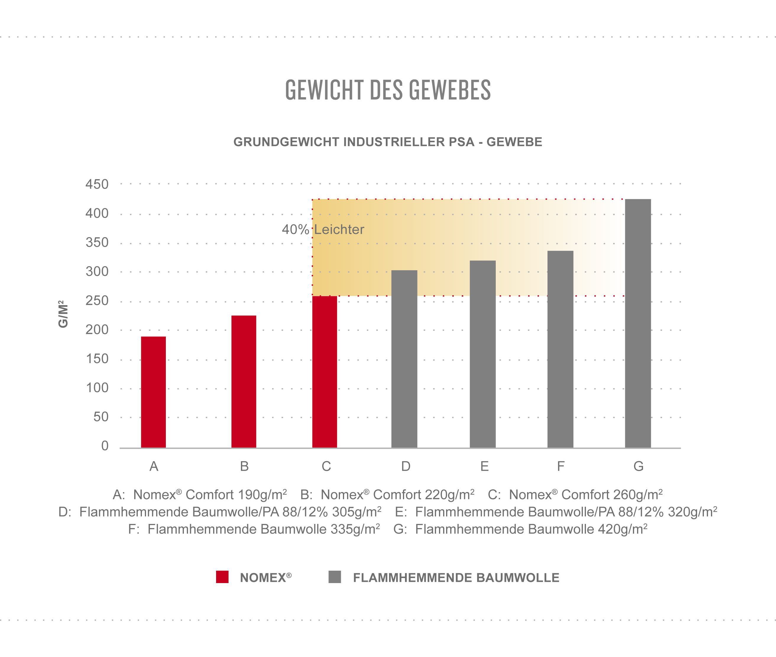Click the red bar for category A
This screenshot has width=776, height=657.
[153, 392]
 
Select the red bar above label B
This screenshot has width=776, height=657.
[244, 381]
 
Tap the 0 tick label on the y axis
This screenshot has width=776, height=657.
[105, 446]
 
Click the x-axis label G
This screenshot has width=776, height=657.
[638, 466]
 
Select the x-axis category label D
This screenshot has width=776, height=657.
[406, 466]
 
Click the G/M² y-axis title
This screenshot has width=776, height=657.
[63, 314]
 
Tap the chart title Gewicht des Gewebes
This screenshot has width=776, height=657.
[388, 90]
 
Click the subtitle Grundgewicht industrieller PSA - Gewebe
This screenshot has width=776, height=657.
[388, 142]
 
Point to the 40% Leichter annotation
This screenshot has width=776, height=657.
[323, 229]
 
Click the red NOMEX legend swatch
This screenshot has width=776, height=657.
[222, 577]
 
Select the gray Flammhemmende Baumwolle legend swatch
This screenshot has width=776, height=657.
[335, 577]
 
